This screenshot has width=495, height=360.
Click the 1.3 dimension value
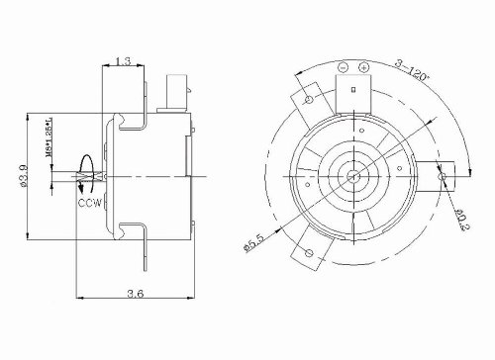[x=122, y=61]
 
